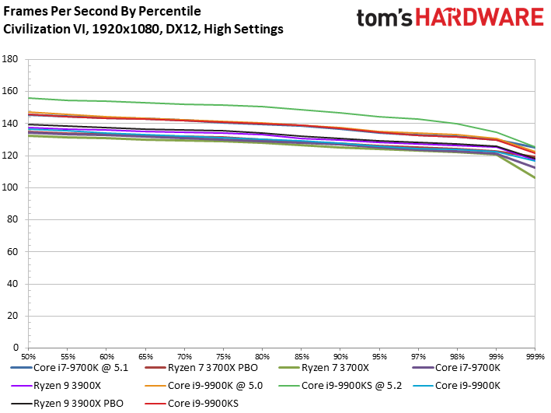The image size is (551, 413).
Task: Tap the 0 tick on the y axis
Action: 16,348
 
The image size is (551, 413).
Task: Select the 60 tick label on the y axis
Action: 12,252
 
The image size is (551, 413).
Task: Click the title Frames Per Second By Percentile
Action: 102,12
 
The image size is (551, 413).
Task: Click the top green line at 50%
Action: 29,98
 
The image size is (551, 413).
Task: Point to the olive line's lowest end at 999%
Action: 534,178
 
